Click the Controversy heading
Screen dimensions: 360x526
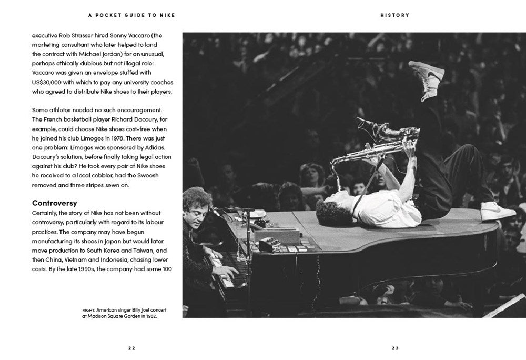coord(55,203)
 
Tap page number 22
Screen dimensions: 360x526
coord(131,348)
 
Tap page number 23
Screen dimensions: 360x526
coord(395,348)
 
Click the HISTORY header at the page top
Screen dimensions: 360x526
coord(394,15)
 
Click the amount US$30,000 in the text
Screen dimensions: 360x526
coord(50,83)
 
